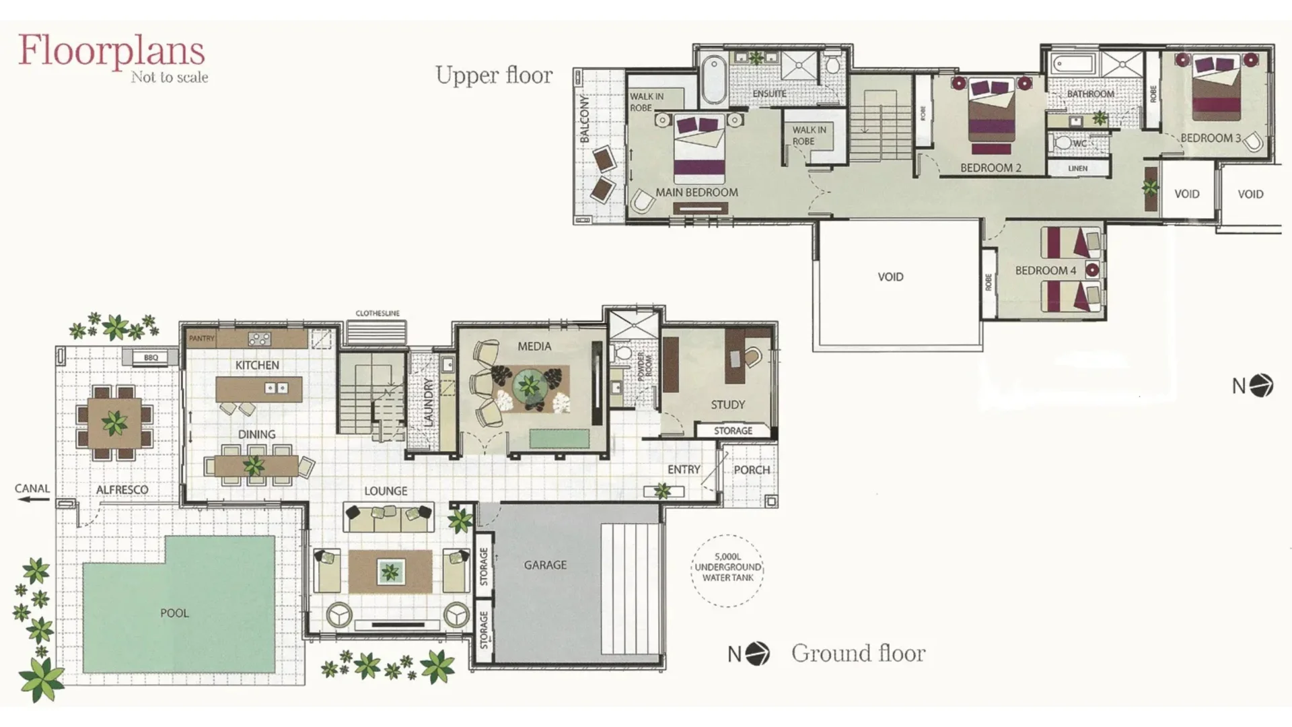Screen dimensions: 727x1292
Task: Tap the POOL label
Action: [174, 613]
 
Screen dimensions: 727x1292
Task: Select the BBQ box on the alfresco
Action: [151, 357]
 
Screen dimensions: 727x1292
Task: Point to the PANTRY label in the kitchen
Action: [201, 339]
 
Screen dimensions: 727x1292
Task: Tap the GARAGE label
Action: [545, 565]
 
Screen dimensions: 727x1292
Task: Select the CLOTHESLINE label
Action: [378, 314]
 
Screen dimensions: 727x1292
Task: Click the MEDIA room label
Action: [534, 347]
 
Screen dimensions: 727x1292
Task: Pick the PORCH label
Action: [752, 470]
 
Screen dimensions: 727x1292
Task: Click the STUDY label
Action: [727, 405]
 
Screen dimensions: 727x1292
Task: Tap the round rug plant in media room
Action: [530, 386]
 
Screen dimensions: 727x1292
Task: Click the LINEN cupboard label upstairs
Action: [1077, 168]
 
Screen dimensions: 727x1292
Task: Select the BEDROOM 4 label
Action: [1045, 271]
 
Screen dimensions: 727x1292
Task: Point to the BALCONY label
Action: [585, 118]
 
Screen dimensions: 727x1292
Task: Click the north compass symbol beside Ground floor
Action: [758, 654]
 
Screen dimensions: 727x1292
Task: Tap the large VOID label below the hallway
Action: [890, 277]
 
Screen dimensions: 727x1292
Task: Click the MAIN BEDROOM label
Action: [696, 193]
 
